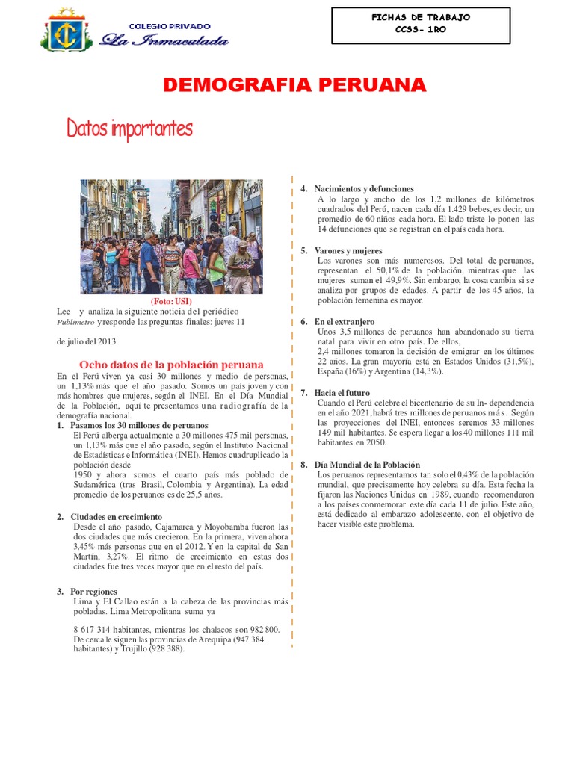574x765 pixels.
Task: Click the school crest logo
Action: pos(68,31)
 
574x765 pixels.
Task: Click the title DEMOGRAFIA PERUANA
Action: pos(294,86)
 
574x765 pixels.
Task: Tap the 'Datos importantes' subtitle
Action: pos(129,129)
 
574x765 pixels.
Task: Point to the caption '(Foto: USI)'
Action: pos(171,301)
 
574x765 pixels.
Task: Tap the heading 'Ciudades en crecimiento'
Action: pos(116,517)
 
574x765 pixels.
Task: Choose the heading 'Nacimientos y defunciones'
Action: pos(364,189)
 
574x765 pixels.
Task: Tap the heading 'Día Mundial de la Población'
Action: pos(367,465)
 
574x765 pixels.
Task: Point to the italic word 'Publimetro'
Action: pos(75,323)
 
